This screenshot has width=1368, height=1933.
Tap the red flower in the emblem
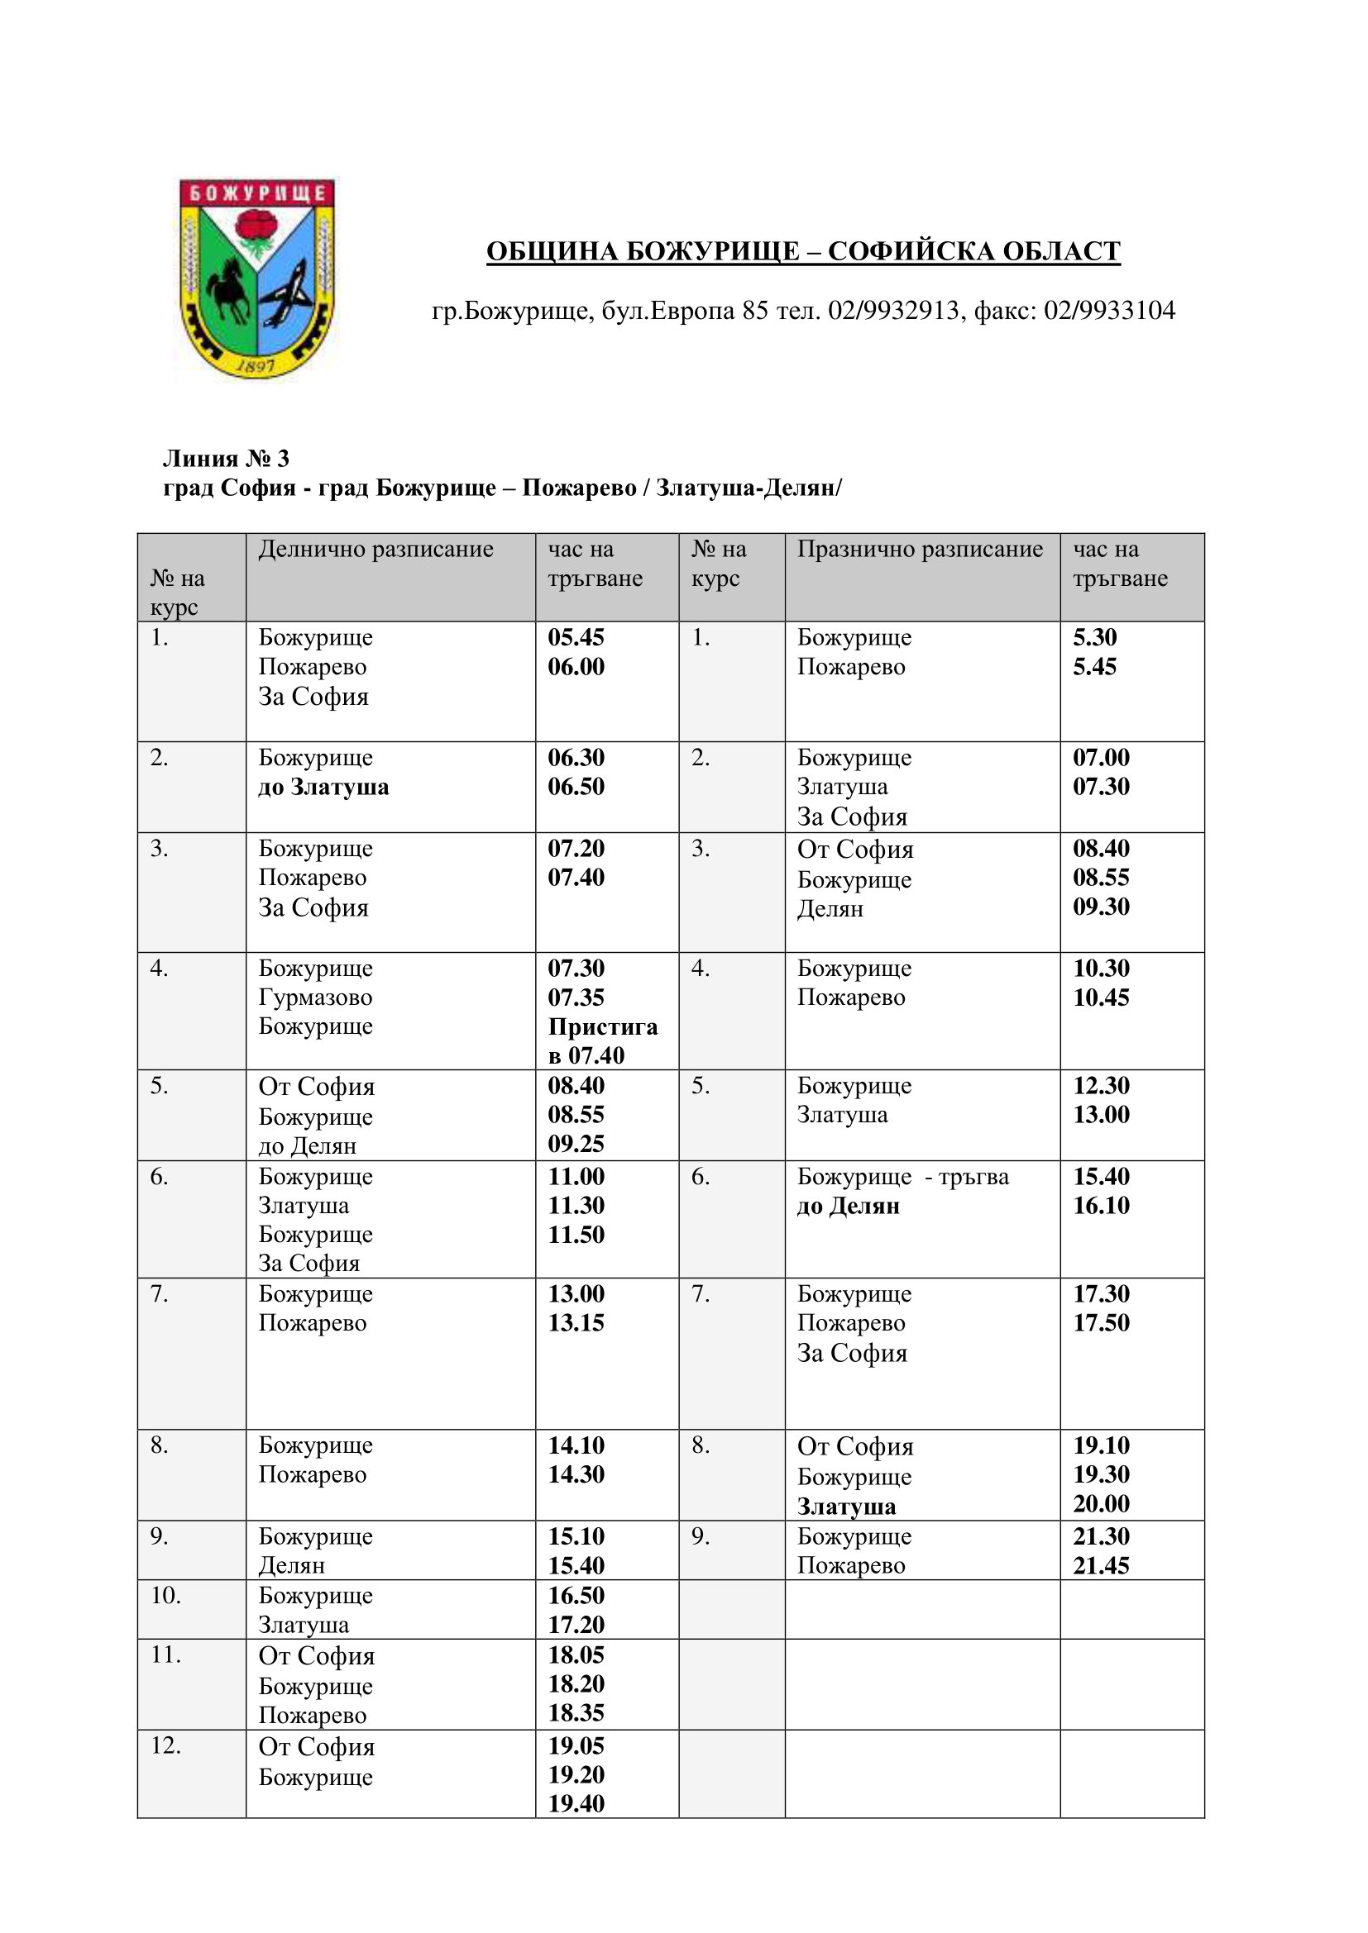pos(256,226)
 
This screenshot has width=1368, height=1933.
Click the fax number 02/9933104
pos(1109,311)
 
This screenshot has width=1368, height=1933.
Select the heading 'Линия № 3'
pos(226,458)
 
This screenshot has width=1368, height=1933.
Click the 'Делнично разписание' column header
pos(375,549)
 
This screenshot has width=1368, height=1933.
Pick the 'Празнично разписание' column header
pos(920,549)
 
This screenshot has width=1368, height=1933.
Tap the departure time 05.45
pos(576,637)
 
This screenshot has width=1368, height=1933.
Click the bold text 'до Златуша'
pos(323,788)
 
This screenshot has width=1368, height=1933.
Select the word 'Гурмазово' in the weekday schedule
pos(315,997)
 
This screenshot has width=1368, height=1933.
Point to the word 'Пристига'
pos(602,1026)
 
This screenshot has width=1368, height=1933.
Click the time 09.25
pos(576,1143)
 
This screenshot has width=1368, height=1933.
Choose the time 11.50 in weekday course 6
pos(576,1234)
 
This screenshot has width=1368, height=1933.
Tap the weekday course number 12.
pos(165,1746)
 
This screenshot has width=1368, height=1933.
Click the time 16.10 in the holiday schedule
pos(1101,1205)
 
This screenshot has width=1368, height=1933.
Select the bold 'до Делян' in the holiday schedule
pos(849,1206)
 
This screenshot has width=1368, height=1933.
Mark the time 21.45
pos(1101,1565)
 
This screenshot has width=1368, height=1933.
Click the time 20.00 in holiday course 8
pos(1101,1502)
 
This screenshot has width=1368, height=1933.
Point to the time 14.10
pos(576,1445)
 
